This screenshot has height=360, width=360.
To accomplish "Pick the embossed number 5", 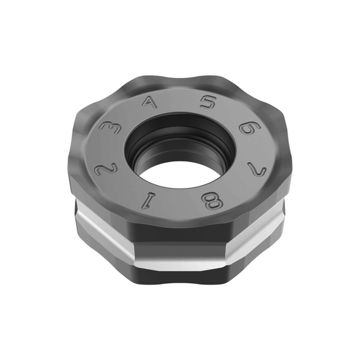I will [208, 102].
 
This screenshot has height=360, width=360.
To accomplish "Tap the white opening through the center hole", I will [178, 175].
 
